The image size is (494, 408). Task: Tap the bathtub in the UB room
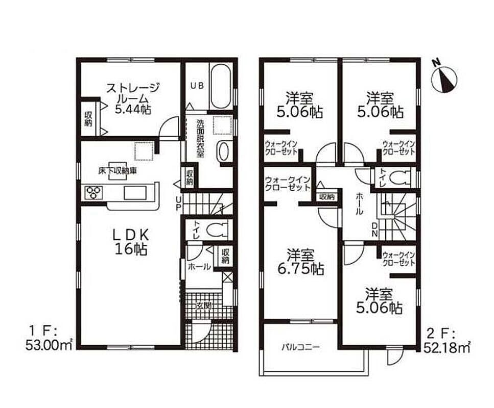[222, 87]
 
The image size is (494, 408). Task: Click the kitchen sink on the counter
[135, 193]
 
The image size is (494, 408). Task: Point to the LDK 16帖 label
[131, 242]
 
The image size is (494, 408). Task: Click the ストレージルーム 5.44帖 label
[132, 98]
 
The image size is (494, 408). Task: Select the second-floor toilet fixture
[399, 178]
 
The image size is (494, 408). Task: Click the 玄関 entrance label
[204, 305]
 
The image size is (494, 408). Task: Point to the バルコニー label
[300, 348]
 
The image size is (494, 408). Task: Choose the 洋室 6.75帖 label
[300, 262]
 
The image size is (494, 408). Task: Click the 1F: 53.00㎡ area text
[50, 339]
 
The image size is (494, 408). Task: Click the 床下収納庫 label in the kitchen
[117, 171]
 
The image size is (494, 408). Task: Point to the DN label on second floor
[374, 229]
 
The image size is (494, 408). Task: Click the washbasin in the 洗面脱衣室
[223, 151]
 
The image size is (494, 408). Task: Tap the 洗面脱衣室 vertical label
[200, 138]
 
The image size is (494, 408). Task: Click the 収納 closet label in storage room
[88, 119]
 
